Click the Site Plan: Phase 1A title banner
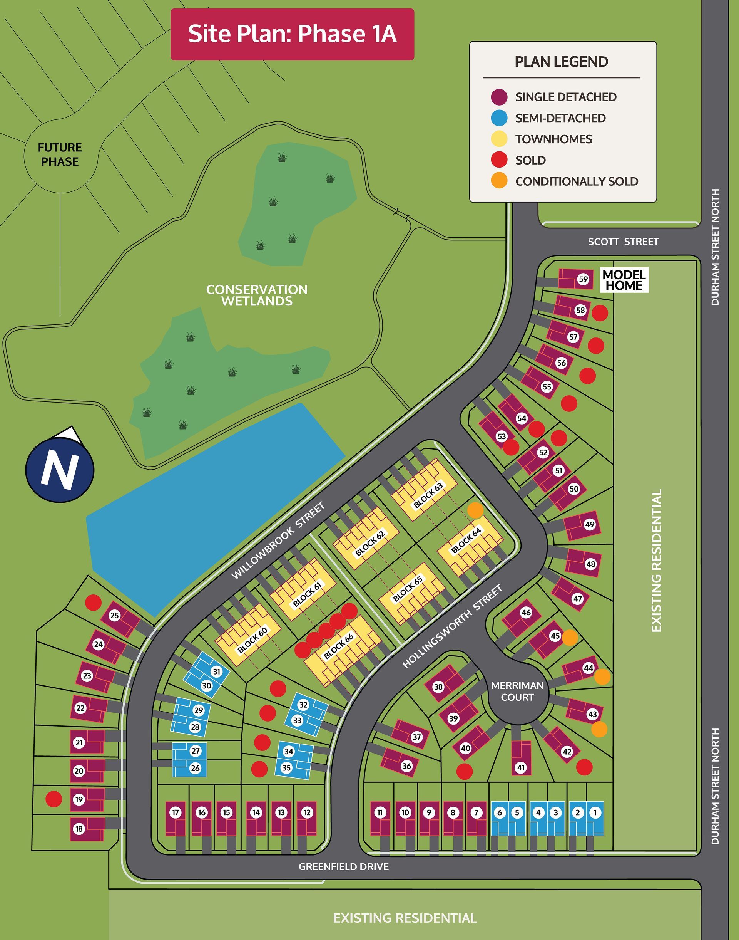pyautogui.click(x=292, y=34)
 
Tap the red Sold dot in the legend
pyautogui.click(x=499, y=160)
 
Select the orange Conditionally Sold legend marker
pyautogui.click(x=499, y=181)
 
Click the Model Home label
pyautogui.click(x=624, y=280)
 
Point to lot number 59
pyautogui.click(x=583, y=279)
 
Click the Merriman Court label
pyautogui.click(x=517, y=691)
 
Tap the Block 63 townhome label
pyautogui.click(x=428, y=496)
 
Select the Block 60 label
pyautogui.click(x=252, y=640)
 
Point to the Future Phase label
pyautogui.click(x=60, y=154)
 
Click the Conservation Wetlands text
pyautogui.click(x=257, y=295)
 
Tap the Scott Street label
pyautogui.click(x=623, y=242)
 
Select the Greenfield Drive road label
pyautogui.click(x=344, y=866)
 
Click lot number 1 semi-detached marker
pyautogui.click(x=595, y=813)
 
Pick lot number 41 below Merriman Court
pyautogui.click(x=521, y=768)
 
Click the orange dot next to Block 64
pyautogui.click(x=475, y=510)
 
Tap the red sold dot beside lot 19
pyautogui.click(x=54, y=799)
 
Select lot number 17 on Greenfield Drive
pyautogui.click(x=175, y=813)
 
